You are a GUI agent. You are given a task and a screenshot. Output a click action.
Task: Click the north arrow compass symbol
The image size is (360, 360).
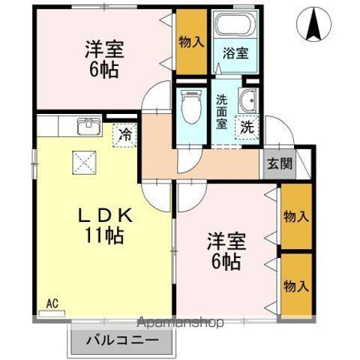(313, 26)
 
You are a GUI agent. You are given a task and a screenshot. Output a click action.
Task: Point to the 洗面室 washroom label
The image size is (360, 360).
(222, 112)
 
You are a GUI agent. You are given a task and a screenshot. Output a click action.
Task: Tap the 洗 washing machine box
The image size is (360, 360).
(246, 127)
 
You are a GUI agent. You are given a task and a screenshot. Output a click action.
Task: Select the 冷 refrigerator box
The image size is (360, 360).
(124, 136)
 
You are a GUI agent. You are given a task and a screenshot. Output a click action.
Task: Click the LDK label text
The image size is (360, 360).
(104, 215)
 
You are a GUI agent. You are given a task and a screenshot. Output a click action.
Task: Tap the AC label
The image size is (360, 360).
(52, 303)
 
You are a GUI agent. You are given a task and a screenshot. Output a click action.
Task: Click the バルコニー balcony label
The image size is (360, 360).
(126, 340)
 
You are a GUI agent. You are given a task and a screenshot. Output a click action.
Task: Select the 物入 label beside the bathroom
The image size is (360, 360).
(190, 40)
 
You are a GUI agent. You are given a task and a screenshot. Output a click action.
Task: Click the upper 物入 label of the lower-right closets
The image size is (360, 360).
(295, 217)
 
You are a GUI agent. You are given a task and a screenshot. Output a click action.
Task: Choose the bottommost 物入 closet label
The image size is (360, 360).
(295, 285)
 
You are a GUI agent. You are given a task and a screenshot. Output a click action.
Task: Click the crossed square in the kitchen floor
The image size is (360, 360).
(82, 161)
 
